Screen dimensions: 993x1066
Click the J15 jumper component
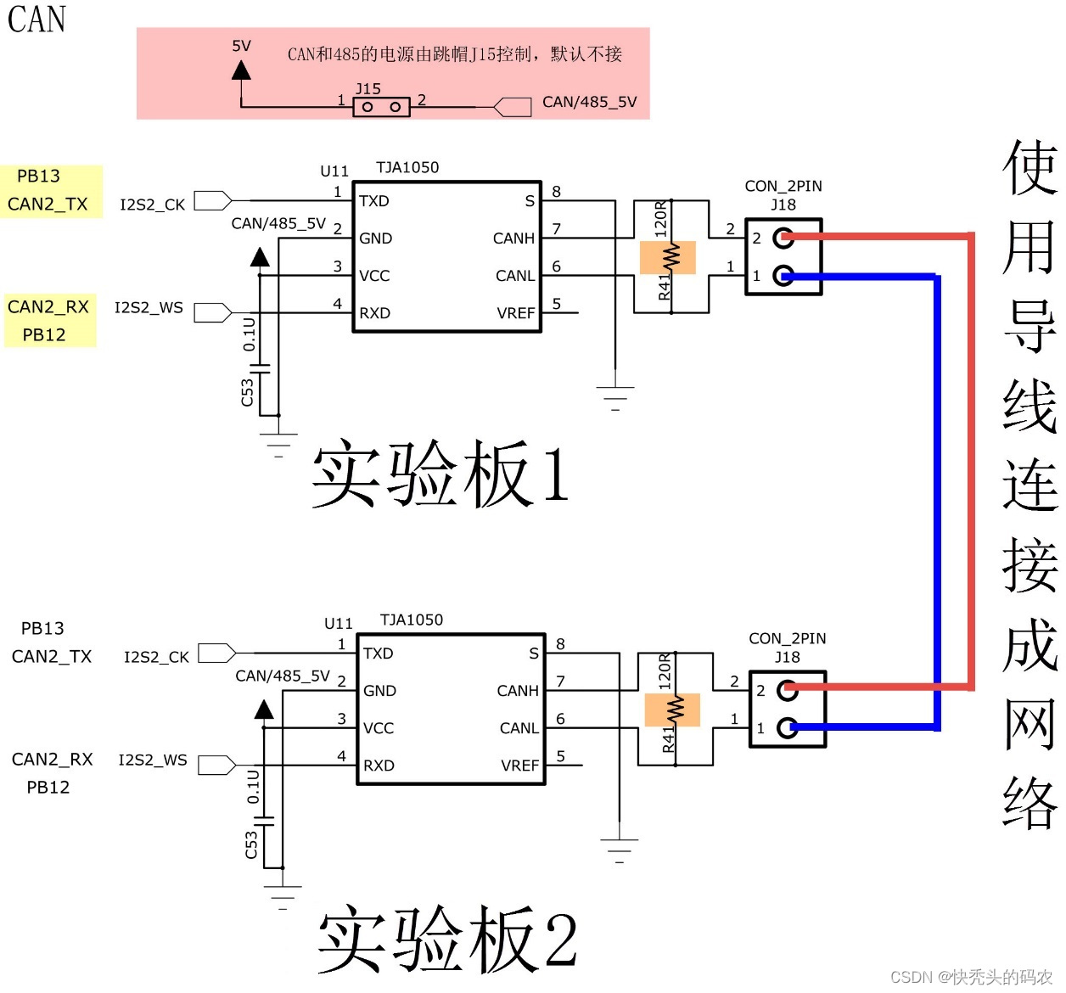click(381, 107)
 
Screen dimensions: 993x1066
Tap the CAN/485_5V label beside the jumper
click(589, 102)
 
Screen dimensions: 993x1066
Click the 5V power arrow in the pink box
click(242, 70)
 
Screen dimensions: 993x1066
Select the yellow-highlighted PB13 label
click(39, 177)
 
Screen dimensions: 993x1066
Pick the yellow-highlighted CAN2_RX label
click(48, 306)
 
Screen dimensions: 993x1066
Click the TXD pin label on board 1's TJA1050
click(373, 201)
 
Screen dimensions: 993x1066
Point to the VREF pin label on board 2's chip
click(519, 766)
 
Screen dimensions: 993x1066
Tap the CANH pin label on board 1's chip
click(513, 238)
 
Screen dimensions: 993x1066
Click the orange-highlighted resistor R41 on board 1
click(668, 257)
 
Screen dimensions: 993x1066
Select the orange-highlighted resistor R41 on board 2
click(672, 710)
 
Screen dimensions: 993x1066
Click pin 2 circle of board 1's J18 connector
click(783, 238)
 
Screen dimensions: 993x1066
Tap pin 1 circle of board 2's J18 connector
click(788, 727)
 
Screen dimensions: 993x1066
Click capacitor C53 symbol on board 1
click(261, 369)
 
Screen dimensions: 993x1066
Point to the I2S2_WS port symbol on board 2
click(216, 766)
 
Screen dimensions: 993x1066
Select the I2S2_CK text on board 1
click(152, 205)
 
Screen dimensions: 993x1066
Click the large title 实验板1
click(440, 474)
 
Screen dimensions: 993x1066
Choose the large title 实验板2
click(447, 940)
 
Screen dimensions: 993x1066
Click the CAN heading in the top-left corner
click(36, 20)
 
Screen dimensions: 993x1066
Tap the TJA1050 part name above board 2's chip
click(411, 620)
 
